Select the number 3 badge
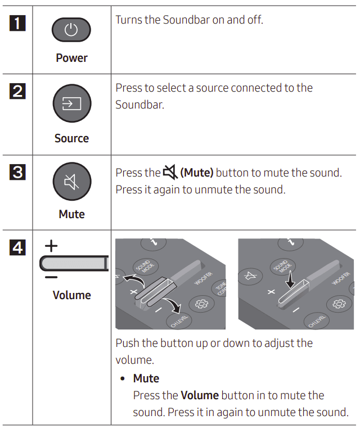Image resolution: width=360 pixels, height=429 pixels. [x=17, y=171]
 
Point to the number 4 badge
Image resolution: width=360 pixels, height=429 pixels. [x=17, y=247]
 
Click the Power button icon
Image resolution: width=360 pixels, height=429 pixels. [x=71, y=30]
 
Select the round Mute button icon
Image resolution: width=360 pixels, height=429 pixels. [x=71, y=183]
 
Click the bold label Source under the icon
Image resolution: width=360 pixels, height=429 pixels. [x=71, y=138]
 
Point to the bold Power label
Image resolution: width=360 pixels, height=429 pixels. [x=71, y=58]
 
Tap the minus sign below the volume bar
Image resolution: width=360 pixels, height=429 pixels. [x=51, y=277]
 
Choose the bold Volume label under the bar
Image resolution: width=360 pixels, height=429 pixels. [x=71, y=295]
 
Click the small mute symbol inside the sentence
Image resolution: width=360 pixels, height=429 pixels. [x=170, y=173]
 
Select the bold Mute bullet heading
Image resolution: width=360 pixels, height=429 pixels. [x=146, y=378]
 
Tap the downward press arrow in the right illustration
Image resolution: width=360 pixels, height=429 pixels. [x=290, y=276]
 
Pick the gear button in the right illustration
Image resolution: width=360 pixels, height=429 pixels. [x=339, y=303]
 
